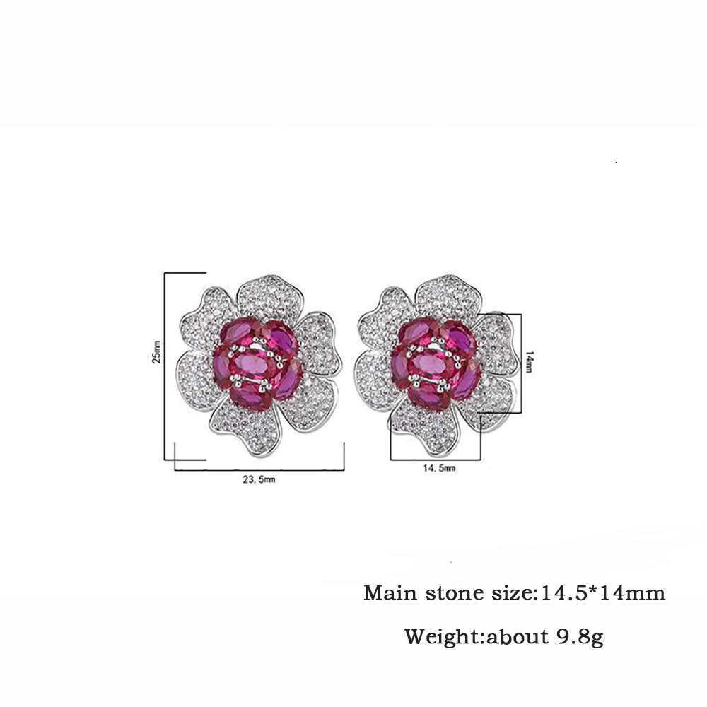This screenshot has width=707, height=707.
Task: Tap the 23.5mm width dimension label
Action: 258,479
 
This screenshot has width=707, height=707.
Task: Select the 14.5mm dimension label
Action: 435,468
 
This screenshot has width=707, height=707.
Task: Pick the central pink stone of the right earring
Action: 429,365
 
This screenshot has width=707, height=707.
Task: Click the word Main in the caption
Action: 388,592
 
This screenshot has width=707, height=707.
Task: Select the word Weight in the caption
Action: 440,637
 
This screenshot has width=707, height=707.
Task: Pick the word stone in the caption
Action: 450,592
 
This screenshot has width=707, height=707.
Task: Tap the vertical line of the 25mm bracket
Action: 165,368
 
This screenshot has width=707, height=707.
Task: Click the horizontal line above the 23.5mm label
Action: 258,469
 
